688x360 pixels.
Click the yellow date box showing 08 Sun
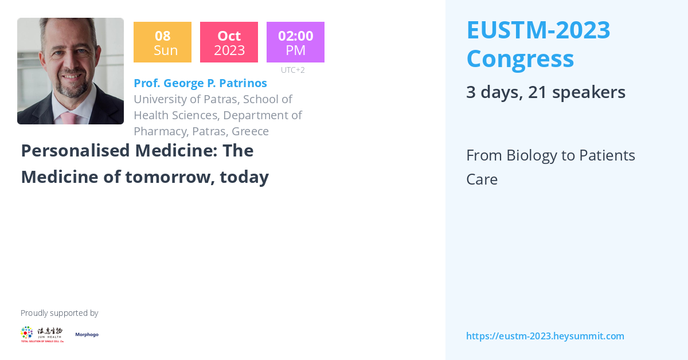click(x=162, y=42)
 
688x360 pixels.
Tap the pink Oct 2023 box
click(x=229, y=42)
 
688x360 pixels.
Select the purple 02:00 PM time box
click(x=295, y=42)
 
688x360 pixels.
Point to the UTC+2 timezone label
click(x=292, y=70)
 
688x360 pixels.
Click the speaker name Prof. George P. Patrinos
click(x=200, y=83)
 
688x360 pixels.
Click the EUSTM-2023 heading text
click(x=538, y=30)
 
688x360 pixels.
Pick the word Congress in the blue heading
click(x=519, y=58)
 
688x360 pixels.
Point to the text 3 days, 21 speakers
click(x=545, y=92)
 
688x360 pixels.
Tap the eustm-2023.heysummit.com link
click(x=545, y=336)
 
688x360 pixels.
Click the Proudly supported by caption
click(x=59, y=313)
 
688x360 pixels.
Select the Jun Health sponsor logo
click(x=42, y=334)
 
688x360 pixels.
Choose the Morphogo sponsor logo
click(x=87, y=335)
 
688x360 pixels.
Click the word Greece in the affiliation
click(x=250, y=131)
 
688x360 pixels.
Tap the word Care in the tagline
click(x=482, y=179)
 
